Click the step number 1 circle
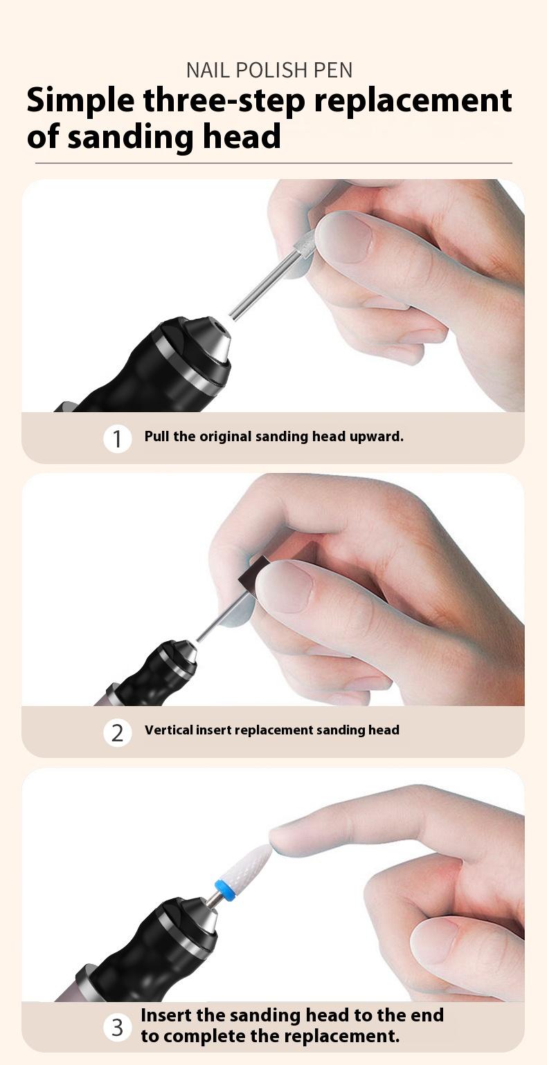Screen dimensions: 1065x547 pos(118,438)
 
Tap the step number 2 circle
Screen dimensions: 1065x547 pos(118,732)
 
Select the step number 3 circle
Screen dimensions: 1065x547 pos(118,1027)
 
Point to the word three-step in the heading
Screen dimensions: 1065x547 pos(224,101)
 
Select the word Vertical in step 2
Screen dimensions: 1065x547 pos(168,730)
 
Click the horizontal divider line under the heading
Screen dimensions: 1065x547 pos(273,163)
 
